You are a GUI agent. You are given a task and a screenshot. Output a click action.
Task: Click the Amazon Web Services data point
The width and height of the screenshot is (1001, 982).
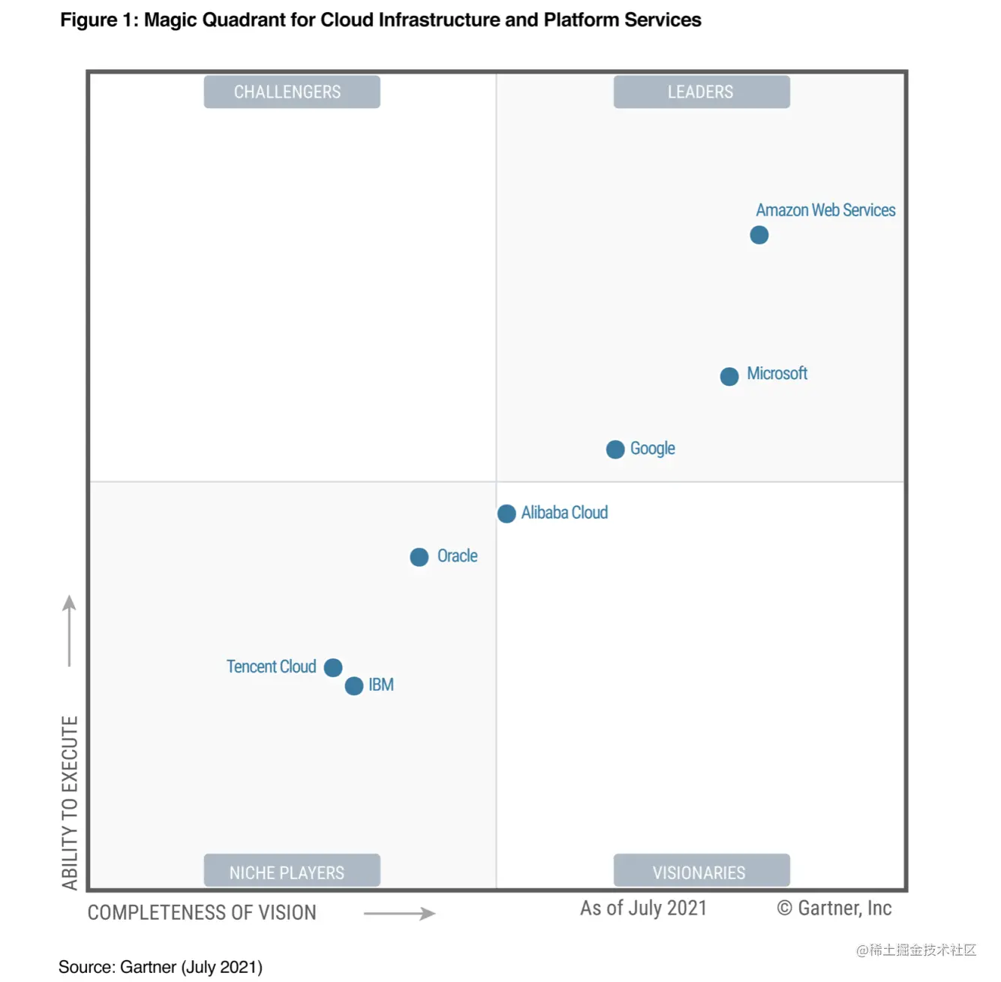click(x=759, y=235)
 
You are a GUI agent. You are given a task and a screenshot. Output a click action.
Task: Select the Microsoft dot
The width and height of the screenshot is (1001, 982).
click(x=729, y=376)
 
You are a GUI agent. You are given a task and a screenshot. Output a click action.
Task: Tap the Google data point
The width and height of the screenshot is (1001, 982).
click(x=615, y=449)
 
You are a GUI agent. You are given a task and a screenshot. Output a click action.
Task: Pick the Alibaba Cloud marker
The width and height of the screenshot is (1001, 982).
click(x=507, y=514)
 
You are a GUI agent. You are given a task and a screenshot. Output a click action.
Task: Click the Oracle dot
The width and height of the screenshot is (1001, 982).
click(x=419, y=557)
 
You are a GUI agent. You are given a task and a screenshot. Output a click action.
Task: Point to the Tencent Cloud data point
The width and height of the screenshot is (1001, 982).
click(x=333, y=667)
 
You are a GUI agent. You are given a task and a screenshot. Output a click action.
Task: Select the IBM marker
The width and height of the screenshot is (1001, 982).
click(x=353, y=685)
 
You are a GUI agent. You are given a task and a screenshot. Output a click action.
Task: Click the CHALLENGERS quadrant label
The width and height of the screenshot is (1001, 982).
click(x=291, y=92)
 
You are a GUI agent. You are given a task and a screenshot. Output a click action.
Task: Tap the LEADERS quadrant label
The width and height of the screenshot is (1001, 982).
click(x=701, y=92)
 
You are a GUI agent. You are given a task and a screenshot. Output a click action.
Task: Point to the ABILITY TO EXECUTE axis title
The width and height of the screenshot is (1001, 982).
click(x=70, y=803)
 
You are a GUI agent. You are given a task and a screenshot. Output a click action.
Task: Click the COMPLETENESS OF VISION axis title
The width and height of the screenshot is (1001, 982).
click(x=202, y=913)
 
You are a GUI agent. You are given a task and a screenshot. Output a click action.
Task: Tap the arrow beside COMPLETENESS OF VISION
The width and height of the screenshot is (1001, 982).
click(x=399, y=914)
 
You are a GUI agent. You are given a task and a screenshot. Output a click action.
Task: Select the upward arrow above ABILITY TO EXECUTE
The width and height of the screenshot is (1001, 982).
click(x=69, y=631)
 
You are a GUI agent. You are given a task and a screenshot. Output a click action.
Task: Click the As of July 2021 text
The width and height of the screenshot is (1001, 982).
click(x=643, y=908)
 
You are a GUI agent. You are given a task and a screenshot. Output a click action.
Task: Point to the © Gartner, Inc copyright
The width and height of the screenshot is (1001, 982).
click(x=834, y=908)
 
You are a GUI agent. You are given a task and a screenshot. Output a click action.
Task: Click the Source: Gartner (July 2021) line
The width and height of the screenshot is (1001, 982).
click(x=161, y=967)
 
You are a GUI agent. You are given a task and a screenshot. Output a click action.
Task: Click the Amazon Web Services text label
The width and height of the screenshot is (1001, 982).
click(x=825, y=210)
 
